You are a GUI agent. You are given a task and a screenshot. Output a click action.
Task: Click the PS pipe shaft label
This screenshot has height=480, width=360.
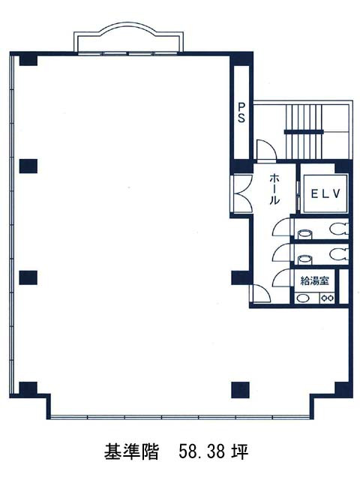[x=241, y=112]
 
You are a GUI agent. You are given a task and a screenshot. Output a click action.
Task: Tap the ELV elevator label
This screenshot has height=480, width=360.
[x=325, y=193]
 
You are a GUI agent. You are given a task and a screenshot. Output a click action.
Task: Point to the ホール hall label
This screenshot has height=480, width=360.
[x=274, y=189]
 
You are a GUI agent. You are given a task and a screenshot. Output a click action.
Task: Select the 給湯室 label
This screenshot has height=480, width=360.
[x=315, y=280]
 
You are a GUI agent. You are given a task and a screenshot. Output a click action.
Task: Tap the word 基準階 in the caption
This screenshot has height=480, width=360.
[x=131, y=451]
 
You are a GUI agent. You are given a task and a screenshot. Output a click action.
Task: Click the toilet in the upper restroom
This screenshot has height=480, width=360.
[x=339, y=229]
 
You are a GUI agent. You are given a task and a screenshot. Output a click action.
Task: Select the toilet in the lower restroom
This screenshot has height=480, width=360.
[x=339, y=253]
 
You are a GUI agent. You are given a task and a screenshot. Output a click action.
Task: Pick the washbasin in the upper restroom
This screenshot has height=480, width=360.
[x=305, y=234]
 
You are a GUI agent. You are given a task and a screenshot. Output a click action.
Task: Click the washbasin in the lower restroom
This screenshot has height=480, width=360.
[x=305, y=259]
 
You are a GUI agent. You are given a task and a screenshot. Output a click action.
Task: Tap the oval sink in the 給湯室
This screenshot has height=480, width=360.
[x=303, y=298]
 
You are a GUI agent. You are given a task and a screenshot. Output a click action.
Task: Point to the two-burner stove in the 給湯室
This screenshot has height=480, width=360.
[x=327, y=298]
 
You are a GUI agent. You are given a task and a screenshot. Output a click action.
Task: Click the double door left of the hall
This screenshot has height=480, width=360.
[x=241, y=193]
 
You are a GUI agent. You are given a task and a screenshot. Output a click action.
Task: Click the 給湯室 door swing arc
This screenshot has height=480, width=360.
[x=281, y=277]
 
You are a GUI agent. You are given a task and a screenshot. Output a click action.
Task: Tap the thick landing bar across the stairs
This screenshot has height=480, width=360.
[x=304, y=132]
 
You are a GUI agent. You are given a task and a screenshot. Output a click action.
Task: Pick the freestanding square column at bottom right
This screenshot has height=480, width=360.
[x=240, y=390]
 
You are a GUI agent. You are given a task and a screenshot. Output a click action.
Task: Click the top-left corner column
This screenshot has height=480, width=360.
[x=28, y=60]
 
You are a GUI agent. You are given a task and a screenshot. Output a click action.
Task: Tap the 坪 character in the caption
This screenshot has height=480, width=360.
[x=240, y=451]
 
